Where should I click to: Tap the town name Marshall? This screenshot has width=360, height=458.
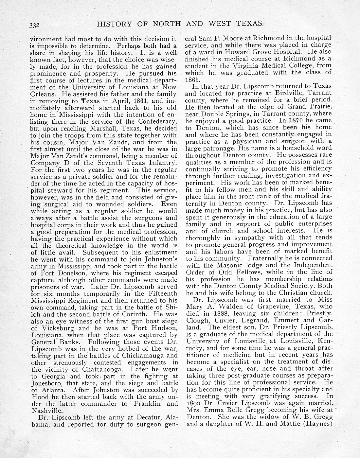tap(103, 129)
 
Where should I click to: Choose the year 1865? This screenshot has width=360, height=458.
tap(191, 79)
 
